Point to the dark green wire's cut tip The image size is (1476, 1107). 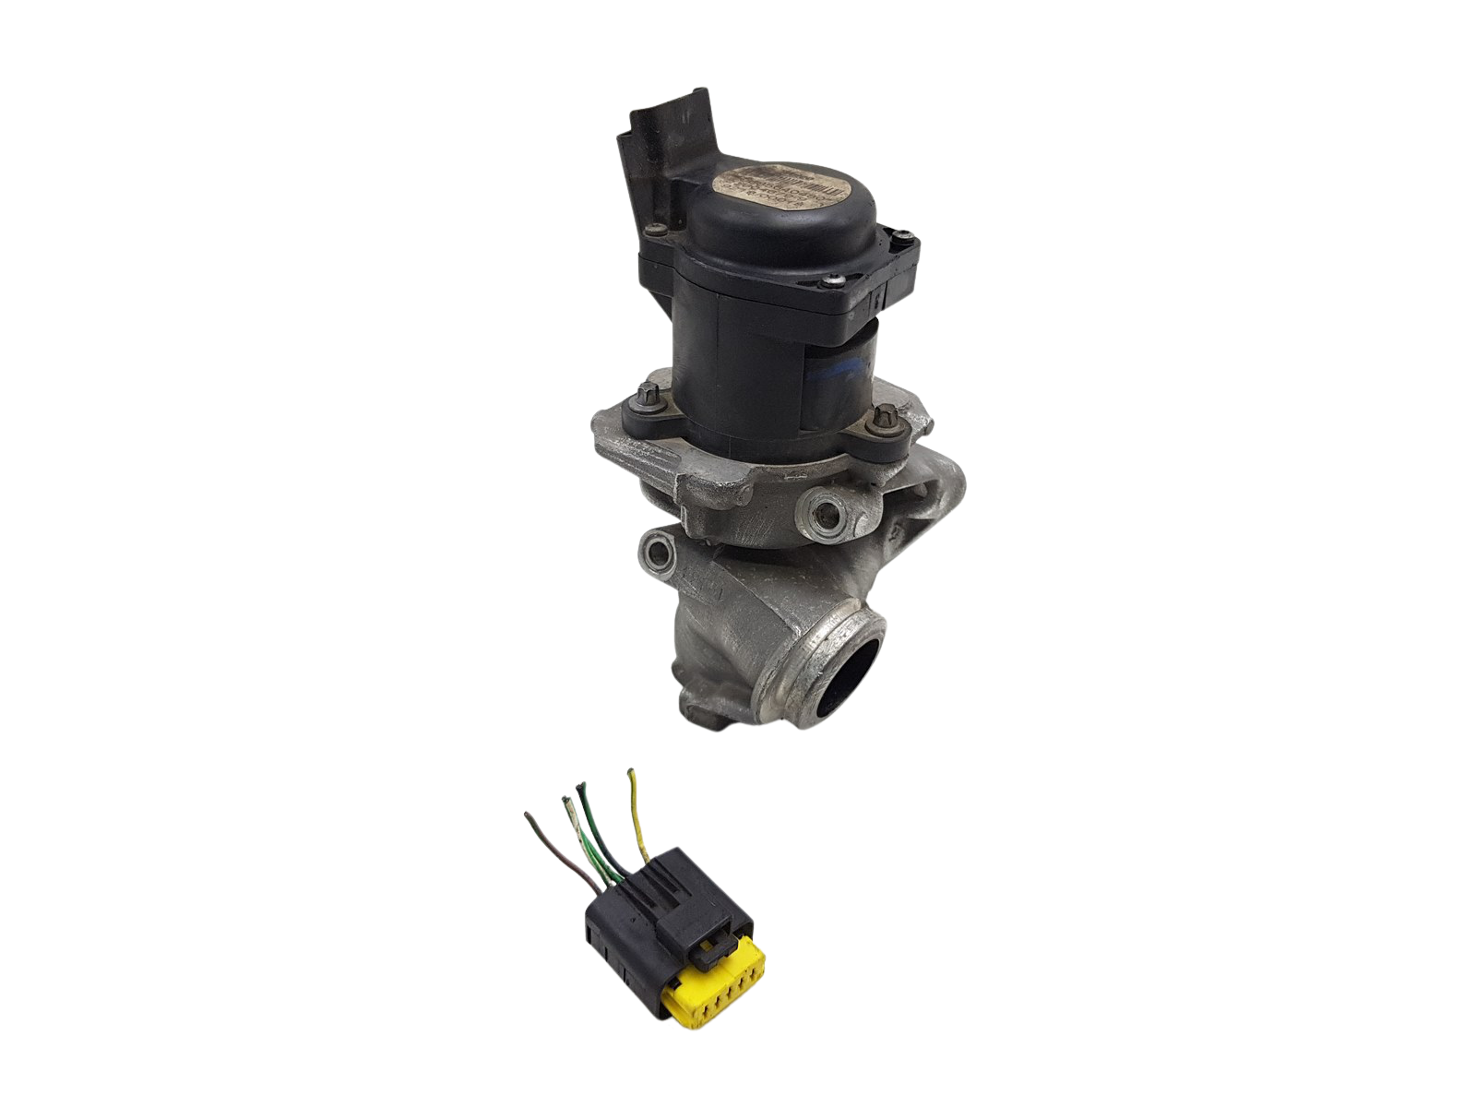(582, 786)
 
